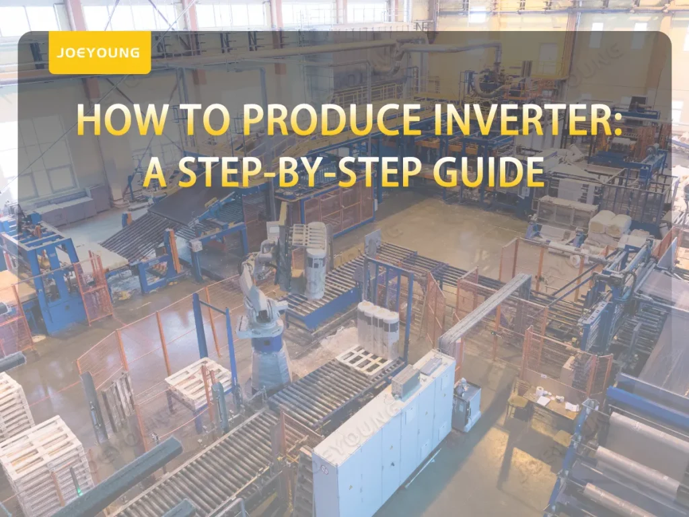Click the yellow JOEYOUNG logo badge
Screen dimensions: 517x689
pyautogui.click(x=100, y=53)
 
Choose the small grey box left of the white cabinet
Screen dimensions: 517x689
pyautogui.click(x=405, y=381)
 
